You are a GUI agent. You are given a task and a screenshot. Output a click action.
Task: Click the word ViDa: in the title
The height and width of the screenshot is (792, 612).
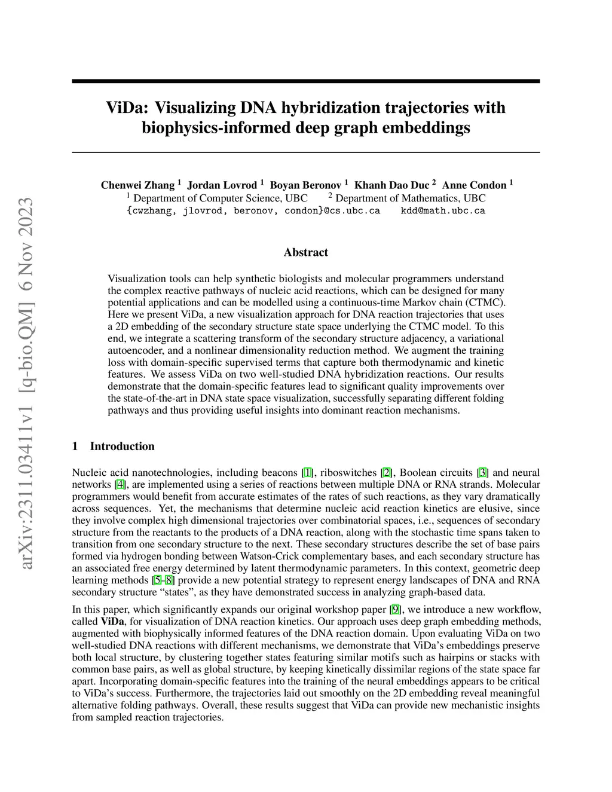click(127, 108)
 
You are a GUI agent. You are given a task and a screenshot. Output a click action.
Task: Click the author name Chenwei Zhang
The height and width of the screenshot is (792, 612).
click(137, 185)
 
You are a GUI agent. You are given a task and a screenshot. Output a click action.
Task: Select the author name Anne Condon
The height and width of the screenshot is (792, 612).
click(474, 185)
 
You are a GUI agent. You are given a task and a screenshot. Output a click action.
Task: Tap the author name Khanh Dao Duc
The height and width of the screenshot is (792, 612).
click(392, 185)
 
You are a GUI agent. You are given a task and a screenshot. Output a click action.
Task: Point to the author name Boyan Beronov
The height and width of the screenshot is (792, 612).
click(305, 185)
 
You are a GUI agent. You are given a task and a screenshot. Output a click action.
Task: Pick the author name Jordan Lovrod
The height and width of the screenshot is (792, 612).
click(222, 185)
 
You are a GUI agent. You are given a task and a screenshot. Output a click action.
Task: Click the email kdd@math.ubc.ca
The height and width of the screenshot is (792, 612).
click(442, 210)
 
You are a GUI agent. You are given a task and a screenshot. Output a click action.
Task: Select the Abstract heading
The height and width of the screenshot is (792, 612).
click(305, 252)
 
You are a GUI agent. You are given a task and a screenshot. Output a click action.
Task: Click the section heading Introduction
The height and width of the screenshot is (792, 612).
click(122, 446)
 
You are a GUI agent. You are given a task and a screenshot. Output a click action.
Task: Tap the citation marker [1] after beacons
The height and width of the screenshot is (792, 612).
click(307, 472)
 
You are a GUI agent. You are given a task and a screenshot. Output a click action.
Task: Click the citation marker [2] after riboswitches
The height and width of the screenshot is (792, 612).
click(387, 472)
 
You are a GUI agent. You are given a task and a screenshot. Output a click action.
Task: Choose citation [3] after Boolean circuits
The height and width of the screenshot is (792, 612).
click(482, 472)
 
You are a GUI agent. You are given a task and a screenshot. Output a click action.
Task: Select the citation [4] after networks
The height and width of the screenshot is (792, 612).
click(120, 484)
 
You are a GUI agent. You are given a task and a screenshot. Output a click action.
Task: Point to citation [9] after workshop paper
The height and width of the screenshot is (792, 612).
click(395, 610)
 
